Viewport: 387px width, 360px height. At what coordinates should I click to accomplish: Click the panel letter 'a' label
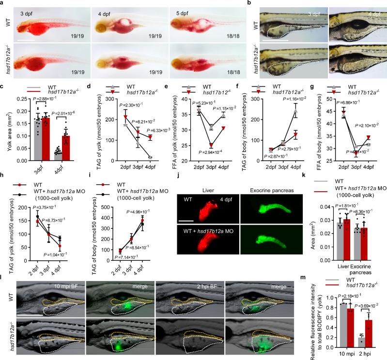pos(3,3)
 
